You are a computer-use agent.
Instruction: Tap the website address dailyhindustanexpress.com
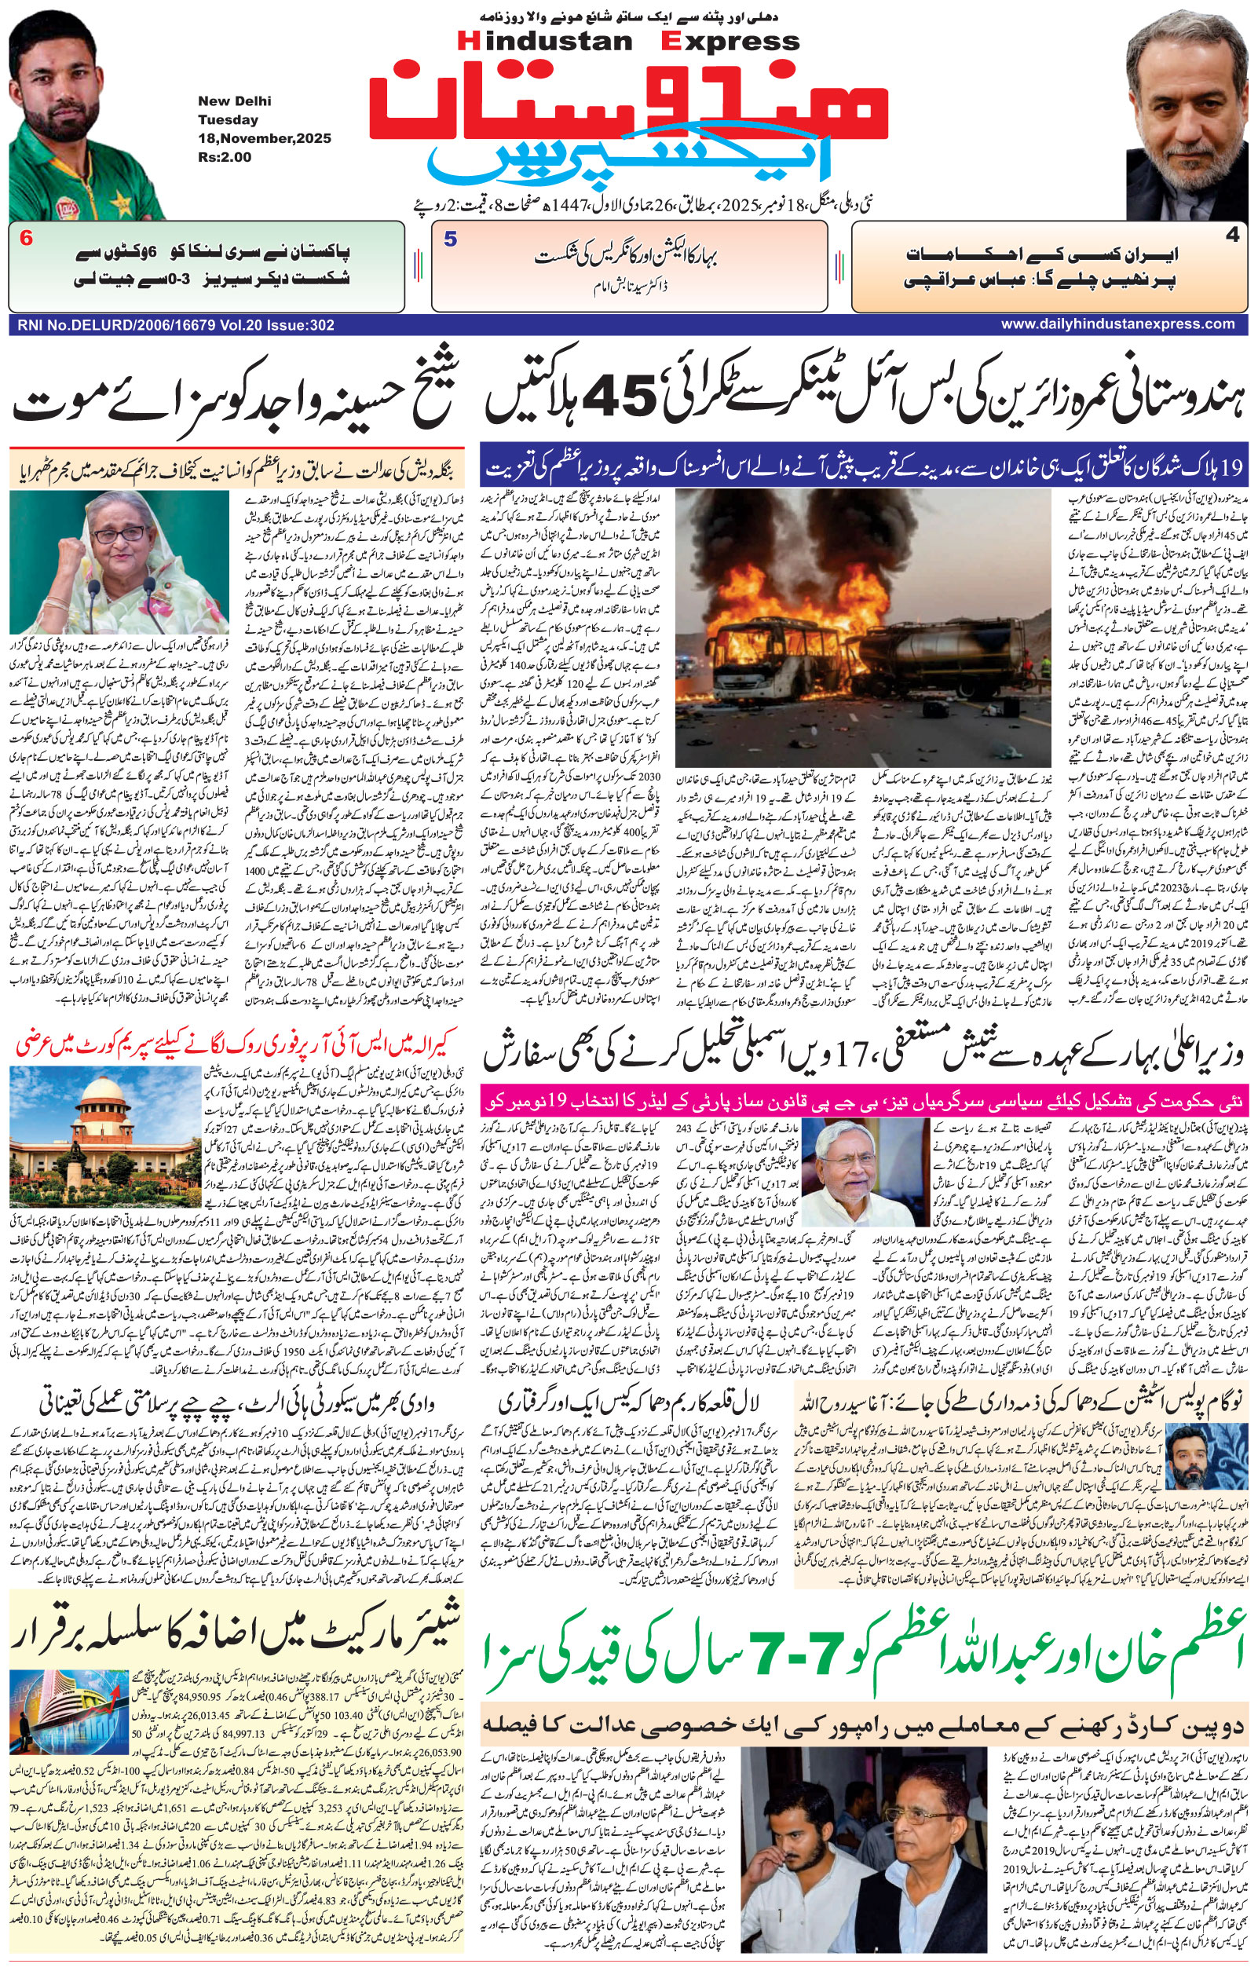1117,324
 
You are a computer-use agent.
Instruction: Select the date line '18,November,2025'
265,138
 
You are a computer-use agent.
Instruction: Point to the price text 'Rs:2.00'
225,157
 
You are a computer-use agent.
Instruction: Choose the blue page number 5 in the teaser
450,240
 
